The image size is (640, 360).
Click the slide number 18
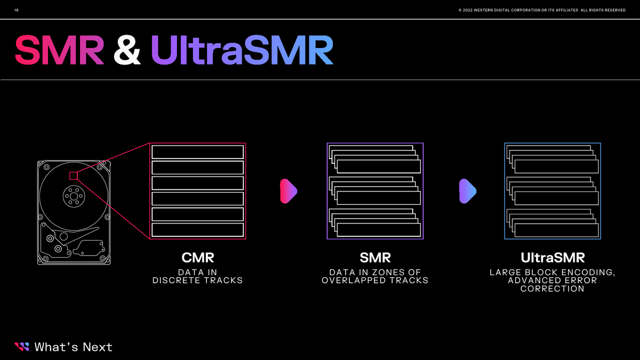16,11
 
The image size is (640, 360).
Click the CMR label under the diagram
197,258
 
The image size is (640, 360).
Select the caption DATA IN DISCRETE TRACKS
197,276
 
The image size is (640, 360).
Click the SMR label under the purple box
375,258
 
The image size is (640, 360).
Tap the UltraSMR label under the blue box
553,258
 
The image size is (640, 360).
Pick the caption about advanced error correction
553,281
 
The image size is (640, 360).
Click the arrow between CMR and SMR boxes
288,191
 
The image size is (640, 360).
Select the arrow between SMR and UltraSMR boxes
467,191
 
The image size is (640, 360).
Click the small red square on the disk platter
74,175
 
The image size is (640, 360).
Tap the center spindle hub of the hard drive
71,195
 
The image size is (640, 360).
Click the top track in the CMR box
197,152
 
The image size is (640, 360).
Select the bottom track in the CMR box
197,230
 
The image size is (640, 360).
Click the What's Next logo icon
22,347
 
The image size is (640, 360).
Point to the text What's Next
74,347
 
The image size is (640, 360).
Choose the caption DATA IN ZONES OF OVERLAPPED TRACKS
375,276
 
